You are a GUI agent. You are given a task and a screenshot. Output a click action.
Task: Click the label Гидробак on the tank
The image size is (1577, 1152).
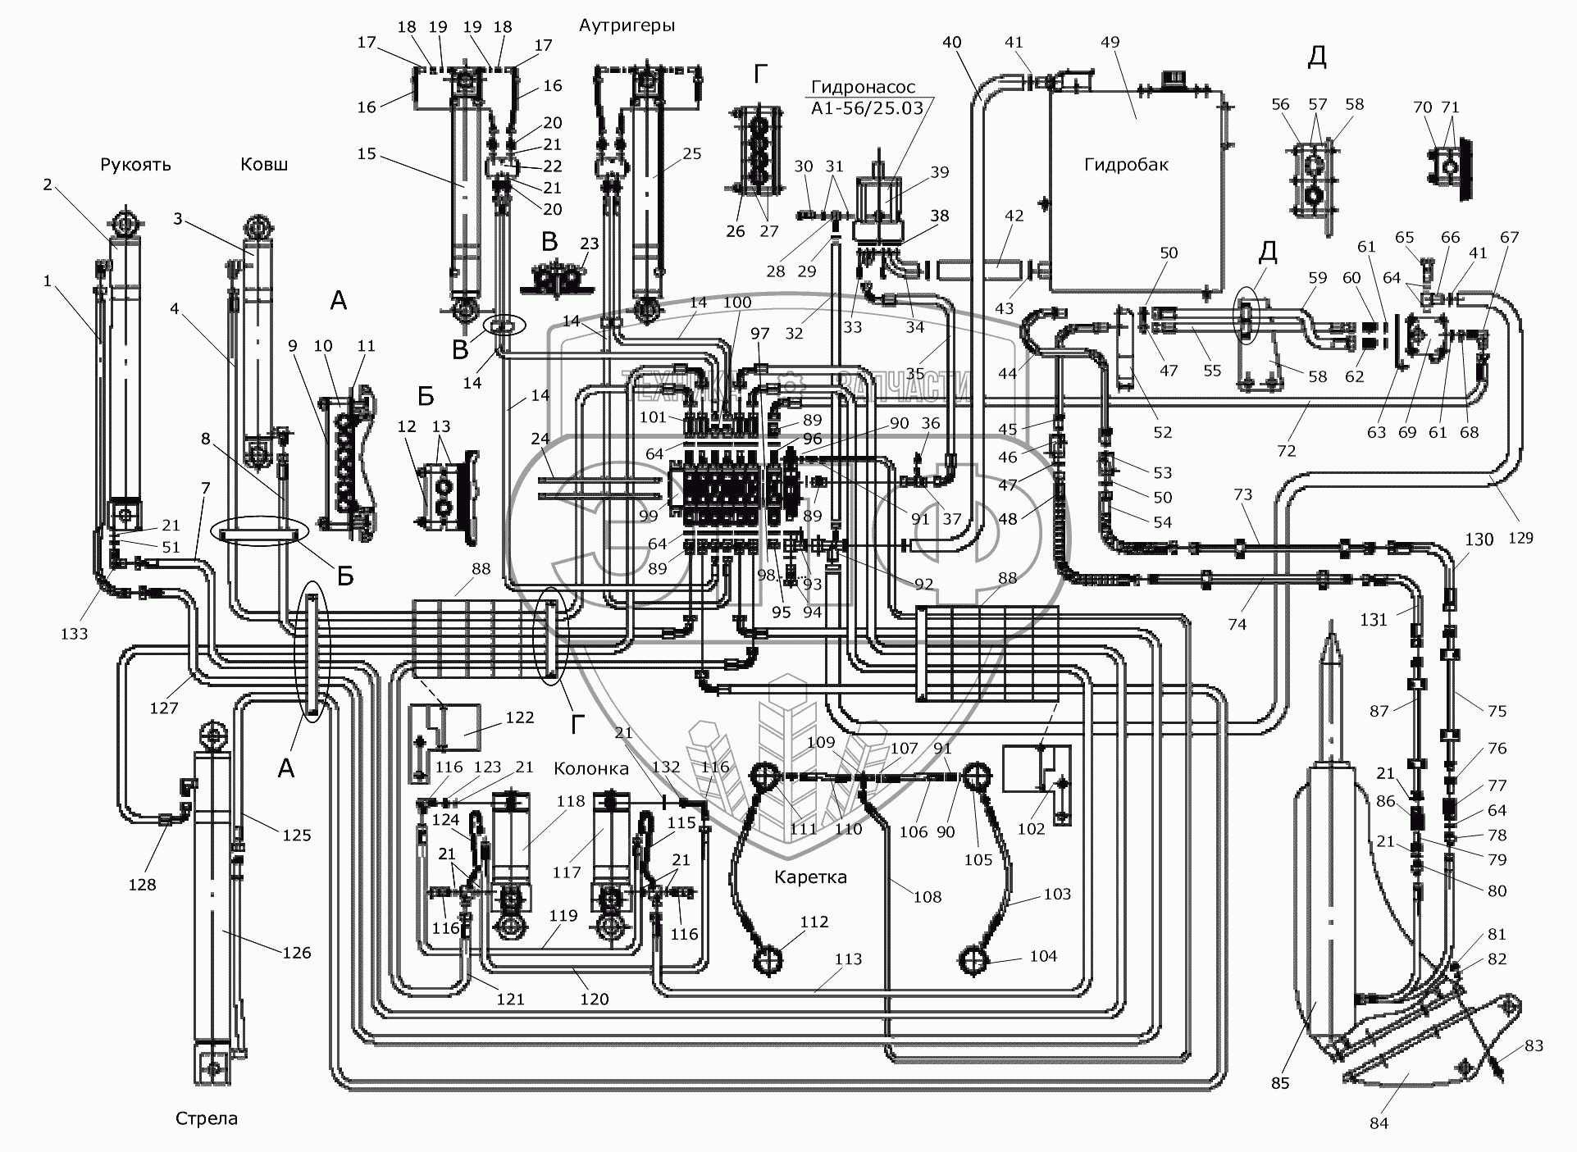coord(1126,165)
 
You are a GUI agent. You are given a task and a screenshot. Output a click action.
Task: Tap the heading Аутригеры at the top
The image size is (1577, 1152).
coord(627,25)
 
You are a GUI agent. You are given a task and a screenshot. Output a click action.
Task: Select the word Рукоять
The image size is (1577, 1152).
coord(135,165)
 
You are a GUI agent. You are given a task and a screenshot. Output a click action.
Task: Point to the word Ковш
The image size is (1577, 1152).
coord(264,165)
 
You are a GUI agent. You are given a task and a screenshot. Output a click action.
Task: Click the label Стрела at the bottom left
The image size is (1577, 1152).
coord(207,1119)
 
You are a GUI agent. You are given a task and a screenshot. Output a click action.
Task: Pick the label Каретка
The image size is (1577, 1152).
coord(810,877)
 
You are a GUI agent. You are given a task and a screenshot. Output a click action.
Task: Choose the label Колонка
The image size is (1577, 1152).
coord(591,768)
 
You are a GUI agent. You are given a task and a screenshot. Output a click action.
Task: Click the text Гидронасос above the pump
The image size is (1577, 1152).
coord(864,88)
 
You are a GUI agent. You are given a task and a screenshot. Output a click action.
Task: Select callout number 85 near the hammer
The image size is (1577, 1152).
coord(1280,1083)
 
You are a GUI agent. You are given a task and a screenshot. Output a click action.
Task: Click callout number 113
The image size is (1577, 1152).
coord(849,958)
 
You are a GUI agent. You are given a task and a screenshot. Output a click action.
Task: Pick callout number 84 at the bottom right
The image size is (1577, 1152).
coord(1379,1122)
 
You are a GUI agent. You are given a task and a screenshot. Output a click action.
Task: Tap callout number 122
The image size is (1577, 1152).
coord(520,717)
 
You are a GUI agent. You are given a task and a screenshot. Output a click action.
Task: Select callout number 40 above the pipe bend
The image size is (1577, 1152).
coord(952,43)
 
